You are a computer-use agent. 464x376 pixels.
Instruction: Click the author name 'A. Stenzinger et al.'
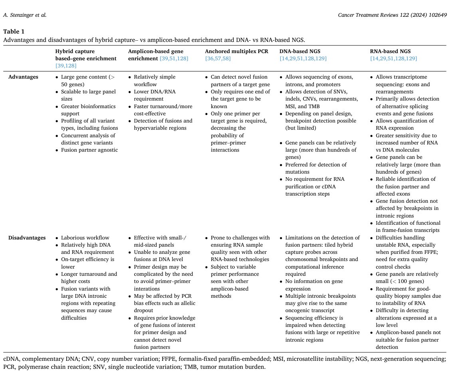click(x=25, y=15)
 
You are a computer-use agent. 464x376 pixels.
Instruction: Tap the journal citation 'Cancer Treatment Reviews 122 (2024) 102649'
click(x=392, y=15)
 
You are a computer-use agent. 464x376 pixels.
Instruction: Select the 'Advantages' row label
click(x=23, y=77)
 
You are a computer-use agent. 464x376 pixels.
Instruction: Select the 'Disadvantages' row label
click(x=27, y=237)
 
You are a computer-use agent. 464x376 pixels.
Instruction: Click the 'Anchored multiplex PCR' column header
click(x=236, y=51)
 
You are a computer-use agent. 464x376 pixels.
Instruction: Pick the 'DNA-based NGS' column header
click(x=299, y=51)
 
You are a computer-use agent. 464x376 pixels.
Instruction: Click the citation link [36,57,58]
click(x=218, y=58)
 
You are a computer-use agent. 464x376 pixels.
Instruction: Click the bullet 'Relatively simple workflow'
click(x=155, y=81)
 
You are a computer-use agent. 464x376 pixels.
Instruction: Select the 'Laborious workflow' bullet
click(x=85, y=237)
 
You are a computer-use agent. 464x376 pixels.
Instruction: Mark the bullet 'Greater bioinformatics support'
click(x=88, y=110)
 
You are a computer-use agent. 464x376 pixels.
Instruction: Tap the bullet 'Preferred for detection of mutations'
click(x=315, y=168)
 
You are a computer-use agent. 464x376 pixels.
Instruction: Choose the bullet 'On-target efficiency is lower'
click(x=87, y=263)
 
